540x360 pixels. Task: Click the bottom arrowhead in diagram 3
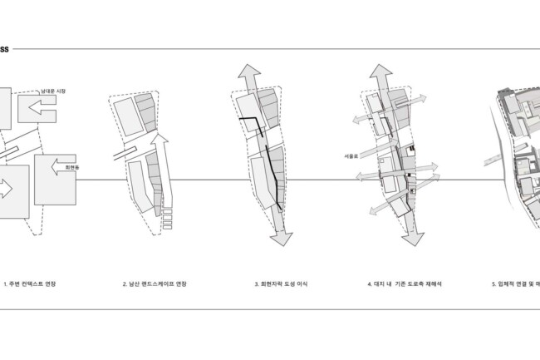pyautogui.click(x=282, y=238)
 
